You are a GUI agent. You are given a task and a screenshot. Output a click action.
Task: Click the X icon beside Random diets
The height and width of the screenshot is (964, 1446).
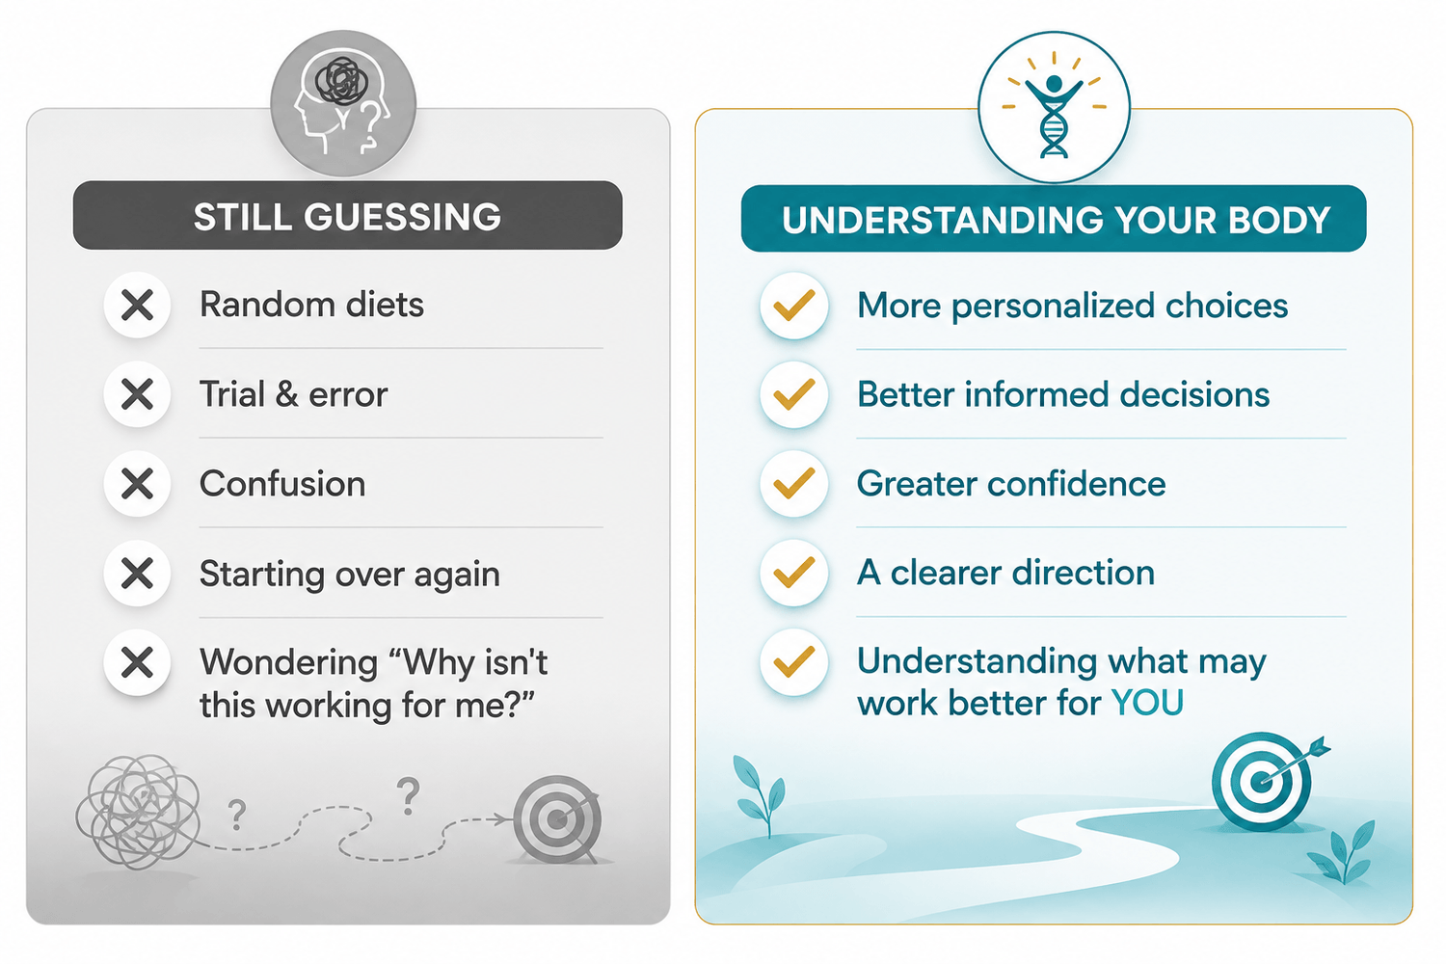point(137,306)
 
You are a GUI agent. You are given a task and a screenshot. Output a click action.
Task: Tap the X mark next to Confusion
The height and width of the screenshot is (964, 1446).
point(137,484)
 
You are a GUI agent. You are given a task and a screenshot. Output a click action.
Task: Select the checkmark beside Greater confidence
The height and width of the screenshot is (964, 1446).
point(794,484)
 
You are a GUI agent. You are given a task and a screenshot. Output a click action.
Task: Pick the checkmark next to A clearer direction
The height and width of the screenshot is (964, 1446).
point(794,573)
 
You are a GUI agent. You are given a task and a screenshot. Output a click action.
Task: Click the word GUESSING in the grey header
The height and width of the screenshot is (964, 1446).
point(402,217)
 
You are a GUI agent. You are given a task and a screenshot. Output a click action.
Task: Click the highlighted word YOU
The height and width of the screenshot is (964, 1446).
point(1147,703)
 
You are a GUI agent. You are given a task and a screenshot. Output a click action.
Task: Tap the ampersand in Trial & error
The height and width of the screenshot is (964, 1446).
point(286,394)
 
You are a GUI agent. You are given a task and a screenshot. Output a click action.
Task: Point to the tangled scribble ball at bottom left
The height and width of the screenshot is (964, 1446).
point(138,812)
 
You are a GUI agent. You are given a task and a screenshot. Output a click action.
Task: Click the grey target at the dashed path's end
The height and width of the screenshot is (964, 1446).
point(557,819)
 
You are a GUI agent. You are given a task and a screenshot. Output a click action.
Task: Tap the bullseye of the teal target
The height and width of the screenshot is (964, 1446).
point(1260,782)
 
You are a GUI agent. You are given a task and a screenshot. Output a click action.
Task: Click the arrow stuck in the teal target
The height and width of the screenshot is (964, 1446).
point(1295,762)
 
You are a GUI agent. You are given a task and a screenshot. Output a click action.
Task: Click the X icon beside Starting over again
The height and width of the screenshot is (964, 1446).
point(137,574)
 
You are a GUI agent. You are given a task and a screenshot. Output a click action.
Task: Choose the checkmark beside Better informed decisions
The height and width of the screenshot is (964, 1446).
point(794,394)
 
